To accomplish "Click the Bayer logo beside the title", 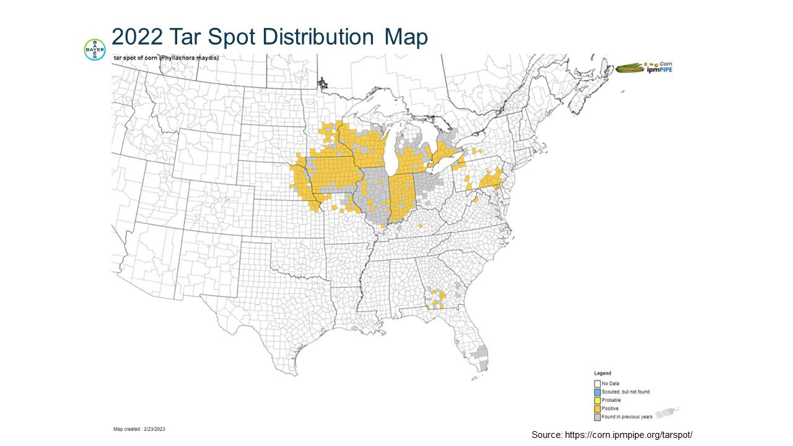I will click(x=95, y=50).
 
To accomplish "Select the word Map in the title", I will click(x=406, y=37).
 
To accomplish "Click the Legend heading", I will click(x=602, y=374).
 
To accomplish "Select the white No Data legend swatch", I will click(x=597, y=383).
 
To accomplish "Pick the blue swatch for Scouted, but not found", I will click(x=597, y=391).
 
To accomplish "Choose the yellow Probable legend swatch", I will click(x=597, y=400).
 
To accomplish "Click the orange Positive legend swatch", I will click(x=597, y=409).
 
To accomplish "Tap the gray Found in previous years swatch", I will click(x=597, y=417).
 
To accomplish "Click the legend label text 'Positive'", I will click(x=610, y=409).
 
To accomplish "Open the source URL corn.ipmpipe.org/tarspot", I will click(x=611, y=435).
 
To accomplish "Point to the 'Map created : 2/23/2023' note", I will click(x=139, y=429).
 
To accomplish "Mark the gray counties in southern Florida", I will click(x=480, y=358).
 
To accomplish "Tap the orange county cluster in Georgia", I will click(x=436, y=298).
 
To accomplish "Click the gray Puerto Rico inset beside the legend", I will click(x=666, y=412).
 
